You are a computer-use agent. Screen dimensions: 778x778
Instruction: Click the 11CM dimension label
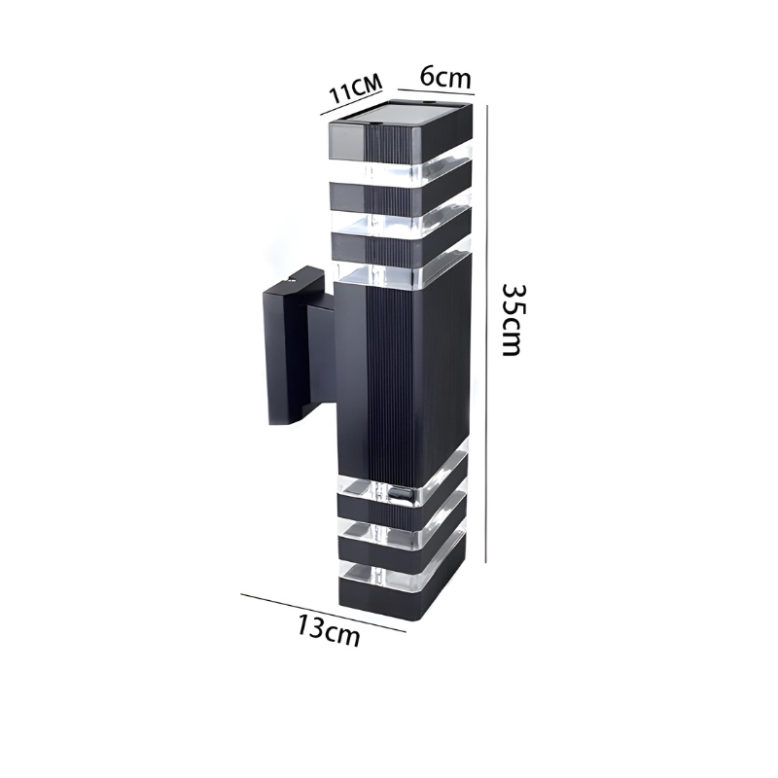tap(356, 89)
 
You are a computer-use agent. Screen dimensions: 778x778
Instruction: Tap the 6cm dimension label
tap(445, 77)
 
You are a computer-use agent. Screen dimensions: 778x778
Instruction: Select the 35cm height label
tap(512, 319)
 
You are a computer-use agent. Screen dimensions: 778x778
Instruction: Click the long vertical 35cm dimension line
tap(487, 334)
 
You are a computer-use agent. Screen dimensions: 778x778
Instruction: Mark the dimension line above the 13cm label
tap(324, 613)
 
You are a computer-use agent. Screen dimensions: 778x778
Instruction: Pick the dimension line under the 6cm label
tap(436, 91)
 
